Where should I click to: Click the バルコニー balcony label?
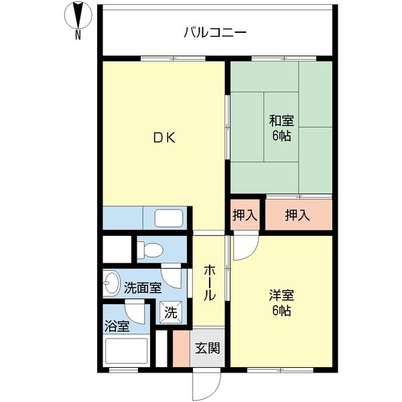click(216, 31)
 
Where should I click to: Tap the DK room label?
click(163, 139)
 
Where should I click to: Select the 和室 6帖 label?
click(281, 127)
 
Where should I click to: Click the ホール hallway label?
click(209, 282)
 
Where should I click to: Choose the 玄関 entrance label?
click(207, 348)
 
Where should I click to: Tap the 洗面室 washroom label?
click(143, 288)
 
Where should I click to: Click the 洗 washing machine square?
click(171, 312)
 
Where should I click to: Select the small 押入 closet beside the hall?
click(245, 215)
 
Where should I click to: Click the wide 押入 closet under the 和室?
click(297, 215)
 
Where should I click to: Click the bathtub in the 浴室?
click(127, 351)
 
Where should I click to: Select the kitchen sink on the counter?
click(169, 218)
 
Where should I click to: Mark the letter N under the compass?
click(78, 35)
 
